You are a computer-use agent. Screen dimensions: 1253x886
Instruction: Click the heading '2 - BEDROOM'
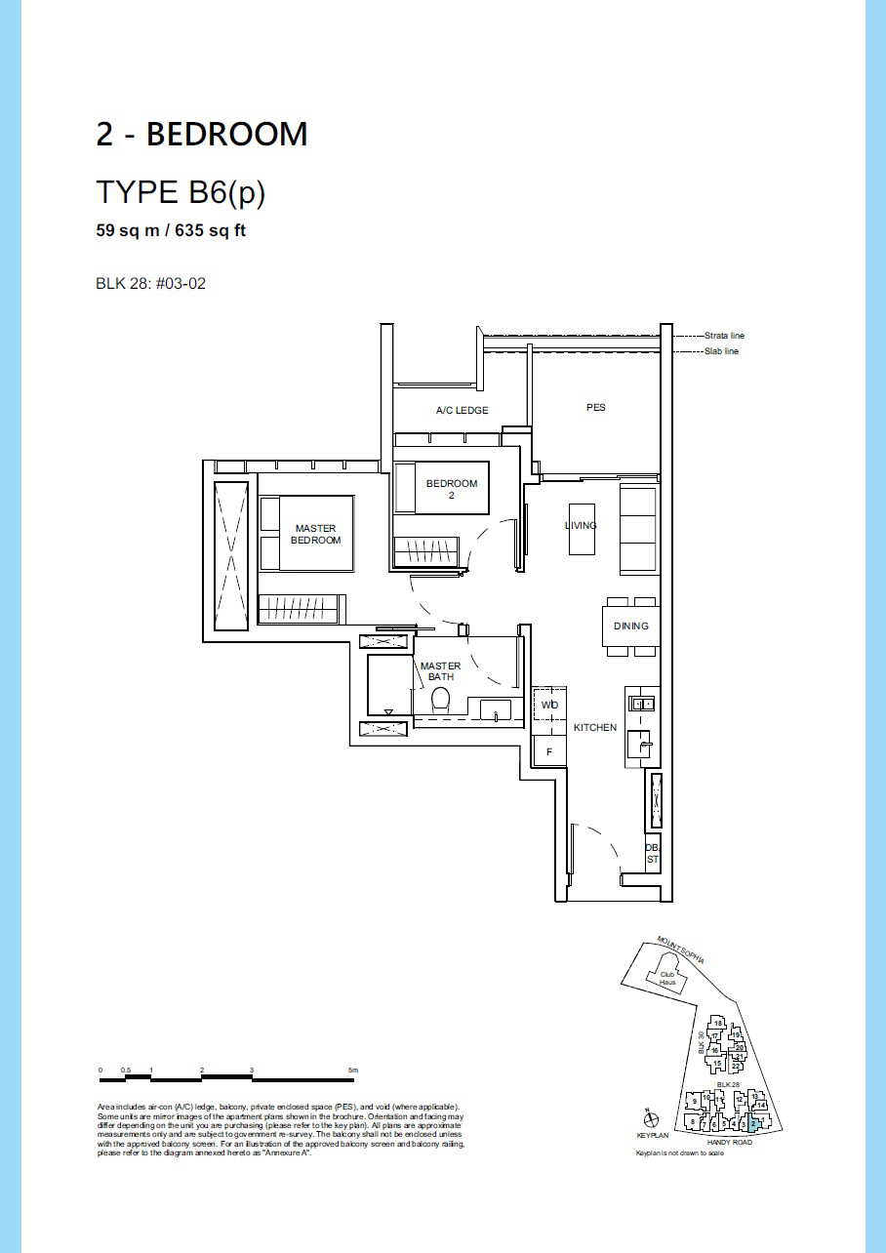pyautogui.click(x=201, y=134)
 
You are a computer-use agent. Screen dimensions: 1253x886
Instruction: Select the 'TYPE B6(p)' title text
pyautogui.click(x=181, y=192)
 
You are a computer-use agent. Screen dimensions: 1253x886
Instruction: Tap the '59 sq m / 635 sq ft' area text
pyautogui.click(x=170, y=232)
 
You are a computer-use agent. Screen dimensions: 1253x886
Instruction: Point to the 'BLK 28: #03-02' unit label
pyautogui.click(x=150, y=284)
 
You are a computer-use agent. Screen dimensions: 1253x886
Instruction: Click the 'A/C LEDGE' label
pyautogui.click(x=462, y=411)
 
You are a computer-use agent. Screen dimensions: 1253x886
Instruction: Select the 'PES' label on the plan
pyautogui.click(x=595, y=407)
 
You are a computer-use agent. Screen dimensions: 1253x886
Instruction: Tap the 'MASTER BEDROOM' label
pyautogui.click(x=315, y=534)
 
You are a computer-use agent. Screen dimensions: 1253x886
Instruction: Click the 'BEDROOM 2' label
pyautogui.click(x=452, y=489)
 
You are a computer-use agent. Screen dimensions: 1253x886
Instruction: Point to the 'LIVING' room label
pyautogui.click(x=581, y=526)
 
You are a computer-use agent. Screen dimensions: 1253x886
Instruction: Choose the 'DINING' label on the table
pyautogui.click(x=630, y=626)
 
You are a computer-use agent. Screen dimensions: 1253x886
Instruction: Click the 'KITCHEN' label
pyautogui.click(x=594, y=728)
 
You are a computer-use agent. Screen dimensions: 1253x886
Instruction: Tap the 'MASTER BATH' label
pyautogui.click(x=440, y=671)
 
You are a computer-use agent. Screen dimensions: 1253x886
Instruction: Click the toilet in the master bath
pyautogui.click(x=440, y=700)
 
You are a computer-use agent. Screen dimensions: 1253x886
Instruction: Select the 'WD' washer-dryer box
pyautogui.click(x=549, y=705)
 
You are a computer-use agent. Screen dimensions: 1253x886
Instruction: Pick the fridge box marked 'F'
pyautogui.click(x=549, y=751)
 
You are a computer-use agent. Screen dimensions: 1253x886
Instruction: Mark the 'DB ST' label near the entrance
pyautogui.click(x=652, y=854)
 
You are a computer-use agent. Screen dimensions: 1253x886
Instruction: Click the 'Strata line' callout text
pyautogui.click(x=724, y=336)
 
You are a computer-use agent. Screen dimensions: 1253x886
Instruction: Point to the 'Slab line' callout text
pyautogui.click(x=721, y=351)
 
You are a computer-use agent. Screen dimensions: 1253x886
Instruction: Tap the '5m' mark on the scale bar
pyautogui.click(x=353, y=1071)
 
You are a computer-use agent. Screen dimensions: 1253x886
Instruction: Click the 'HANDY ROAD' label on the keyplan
pyautogui.click(x=729, y=1143)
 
